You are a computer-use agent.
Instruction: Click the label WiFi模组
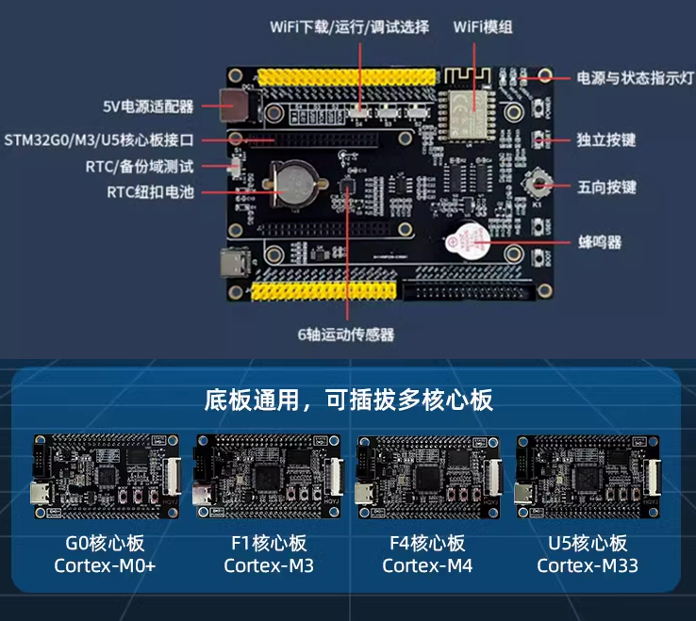(484, 26)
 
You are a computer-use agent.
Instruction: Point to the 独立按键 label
(606, 140)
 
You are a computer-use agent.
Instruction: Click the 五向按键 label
(606, 188)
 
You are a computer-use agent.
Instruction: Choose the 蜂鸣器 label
(600, 242)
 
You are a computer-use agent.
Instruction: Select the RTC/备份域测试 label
(144, 167)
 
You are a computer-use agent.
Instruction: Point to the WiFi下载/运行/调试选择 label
(350, 26)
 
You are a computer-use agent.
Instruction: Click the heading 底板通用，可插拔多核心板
(348, 400)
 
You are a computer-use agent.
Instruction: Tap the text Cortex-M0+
(106, 565)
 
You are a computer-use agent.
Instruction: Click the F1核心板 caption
(269, 544)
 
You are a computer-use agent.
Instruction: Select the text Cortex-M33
(588, 565)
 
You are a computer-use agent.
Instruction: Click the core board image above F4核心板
(427, 476)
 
